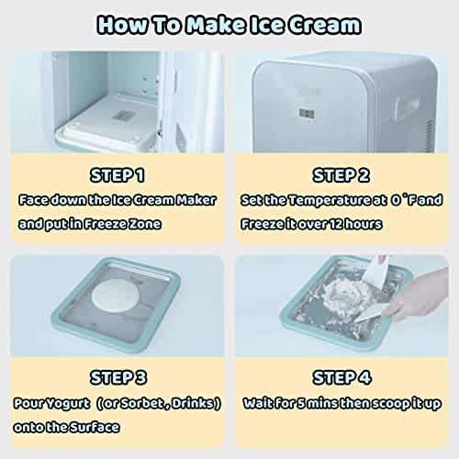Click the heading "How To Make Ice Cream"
pos(229,24)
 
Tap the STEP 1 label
pos(117,175)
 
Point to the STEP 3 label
pos(117,376)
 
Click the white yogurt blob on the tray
pos(117,302)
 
